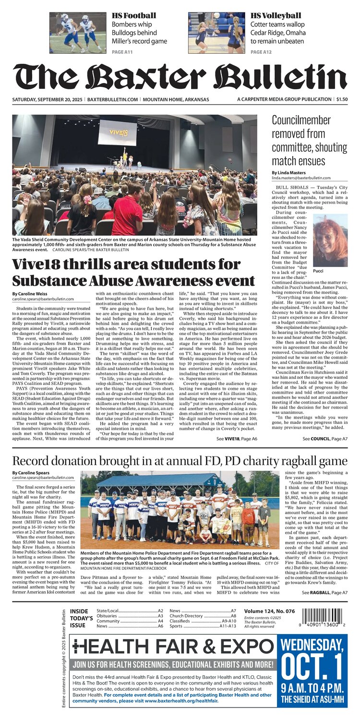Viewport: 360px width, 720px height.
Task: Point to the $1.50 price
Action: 342,99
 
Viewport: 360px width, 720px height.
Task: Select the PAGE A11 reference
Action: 122,51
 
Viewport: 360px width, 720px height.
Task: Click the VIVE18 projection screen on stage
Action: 117,132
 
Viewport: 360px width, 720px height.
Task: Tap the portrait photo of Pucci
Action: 330,240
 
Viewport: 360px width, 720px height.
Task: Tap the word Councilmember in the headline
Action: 301,120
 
